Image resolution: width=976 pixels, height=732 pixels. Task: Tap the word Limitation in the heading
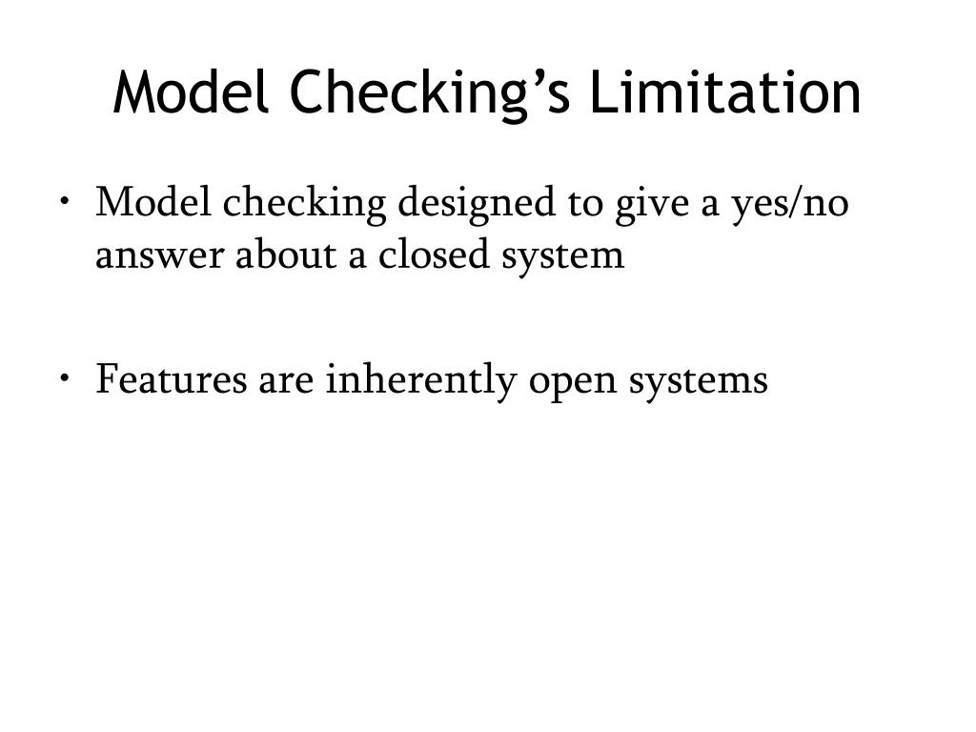tap(724, 93)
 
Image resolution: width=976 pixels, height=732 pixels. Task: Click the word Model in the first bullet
tap(154, 203)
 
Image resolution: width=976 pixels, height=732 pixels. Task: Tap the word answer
tap(154, 255)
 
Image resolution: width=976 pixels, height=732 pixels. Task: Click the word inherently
tap(421, 380)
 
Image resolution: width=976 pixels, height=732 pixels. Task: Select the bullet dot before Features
tap(63, 378)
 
